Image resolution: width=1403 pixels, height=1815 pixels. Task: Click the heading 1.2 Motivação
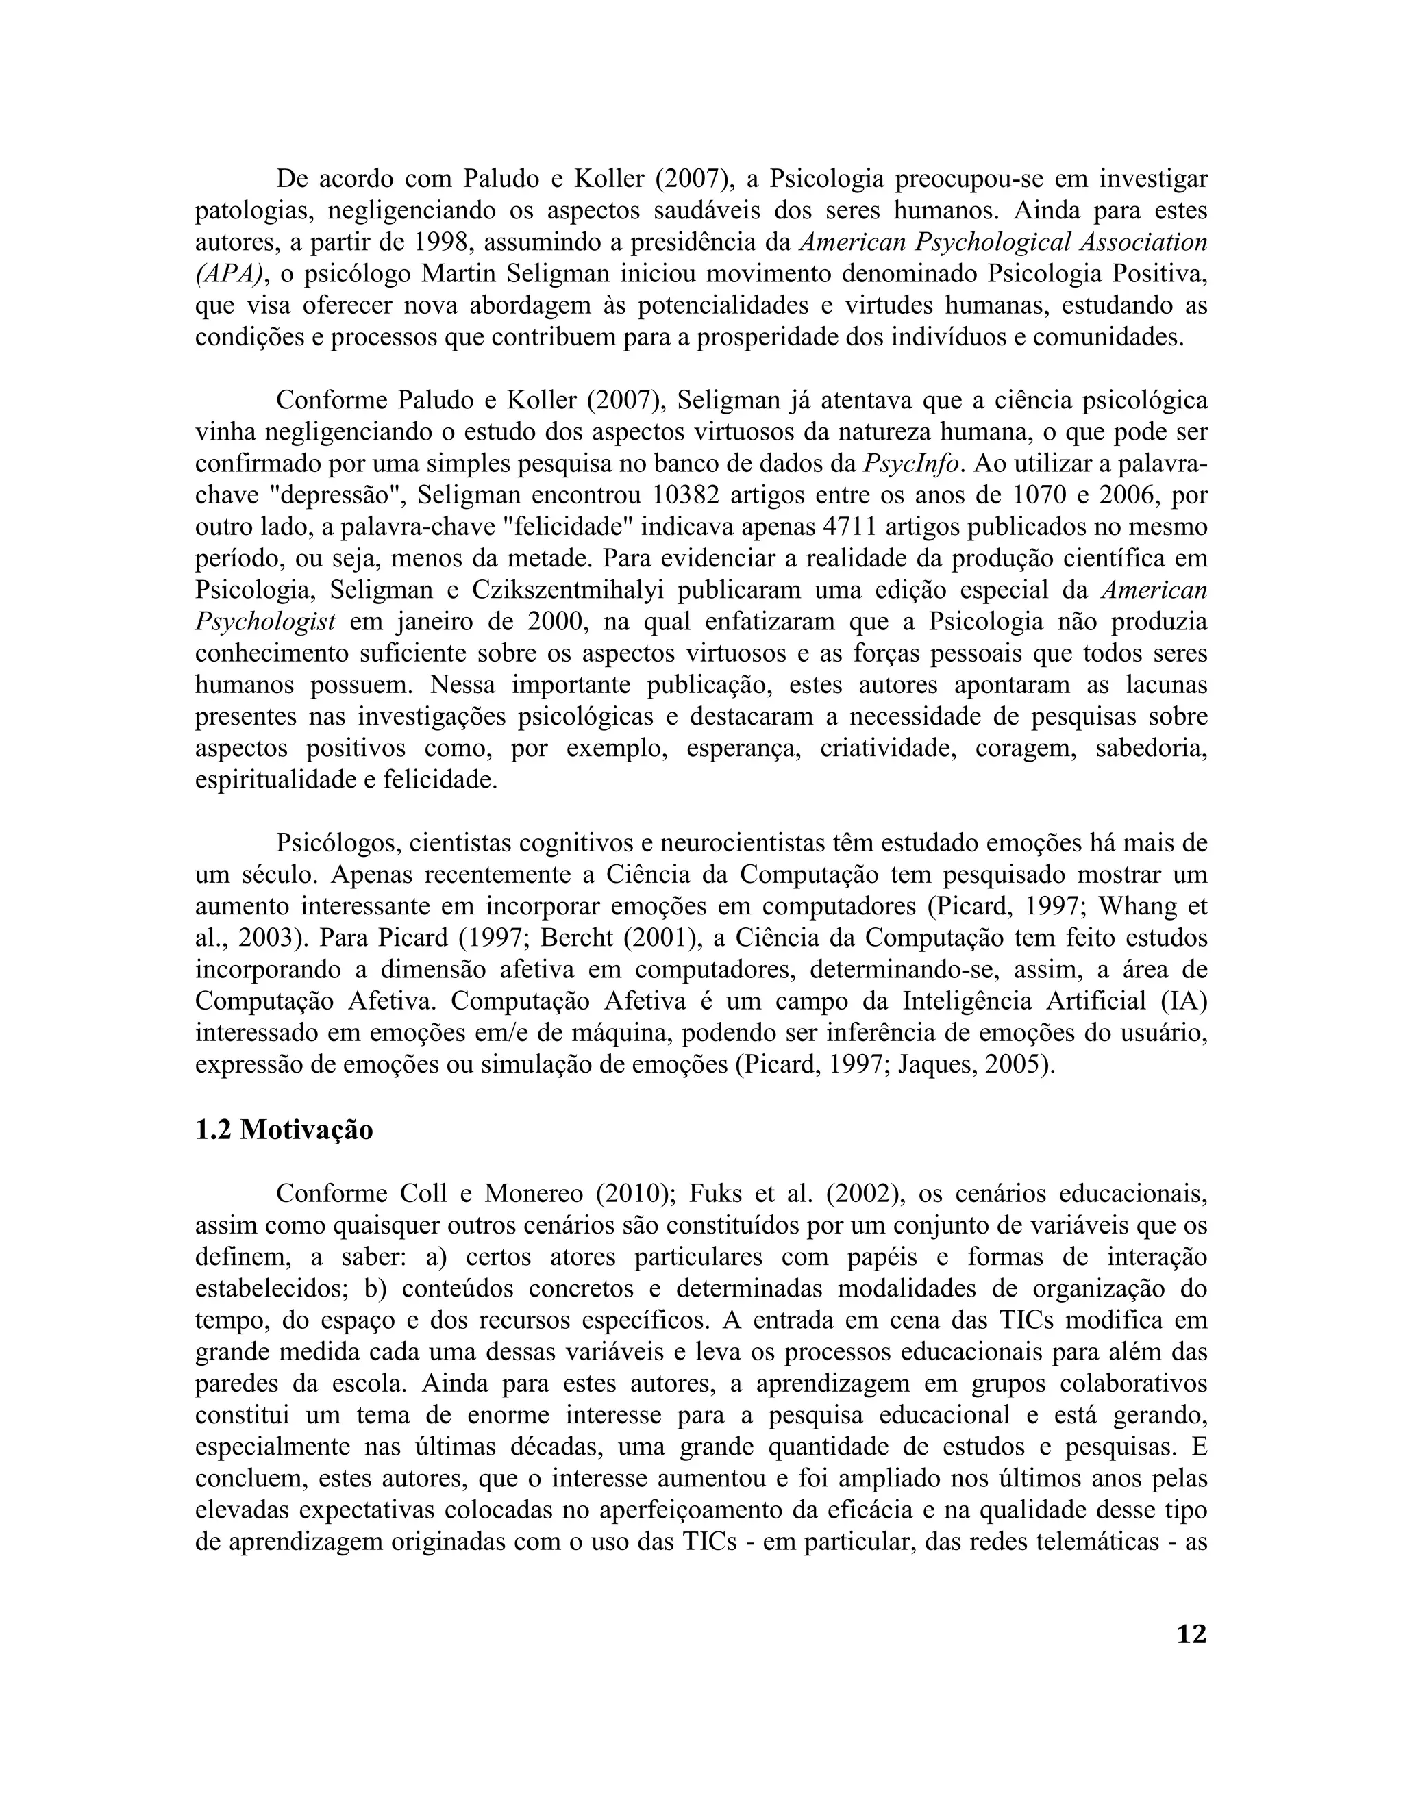point(284,1130)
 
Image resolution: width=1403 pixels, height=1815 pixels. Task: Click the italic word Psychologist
point(265,623)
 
